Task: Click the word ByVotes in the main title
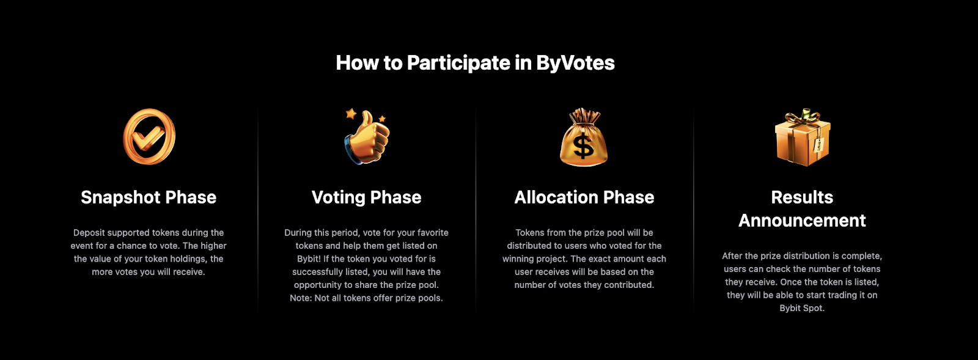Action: click(575, 63)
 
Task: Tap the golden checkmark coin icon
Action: click(149, 137)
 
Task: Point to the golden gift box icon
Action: click(802, 141)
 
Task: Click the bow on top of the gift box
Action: click(803, 116)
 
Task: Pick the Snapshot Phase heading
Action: click(149, 197)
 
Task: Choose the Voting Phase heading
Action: click(366, 197)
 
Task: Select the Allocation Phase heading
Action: click(584, 197)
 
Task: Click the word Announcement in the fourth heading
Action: click(802, 221)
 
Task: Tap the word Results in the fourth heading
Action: click(802, 197)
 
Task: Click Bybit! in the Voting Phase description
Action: click(309, 259)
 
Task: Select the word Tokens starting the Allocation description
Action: click(529, 233)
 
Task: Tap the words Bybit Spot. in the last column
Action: click(802, 309)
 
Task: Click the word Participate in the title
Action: click(458, 63)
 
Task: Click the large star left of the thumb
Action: click(351, 113)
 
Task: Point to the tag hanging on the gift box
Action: click(818, 145)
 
